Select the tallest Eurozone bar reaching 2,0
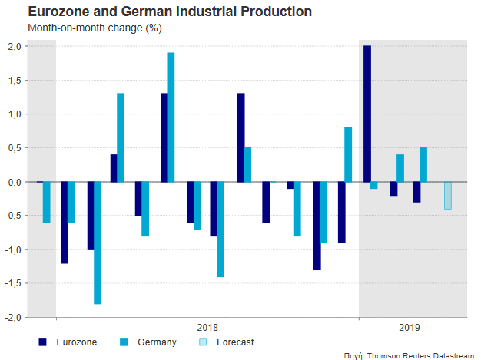click(x=367, y=114)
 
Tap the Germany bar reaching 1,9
click(x=171, y=117)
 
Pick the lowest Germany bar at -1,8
click(x=97, y=243)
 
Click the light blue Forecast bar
click(x=448, y=195)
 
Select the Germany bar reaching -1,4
click(x=221, y=229)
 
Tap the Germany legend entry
click(x=146, y=342)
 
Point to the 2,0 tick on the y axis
click(x=15, y=47)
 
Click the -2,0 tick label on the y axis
click(x=14, y=317)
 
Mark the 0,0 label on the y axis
click(x=15, y=182)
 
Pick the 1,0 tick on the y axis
click(x=15, y=114)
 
